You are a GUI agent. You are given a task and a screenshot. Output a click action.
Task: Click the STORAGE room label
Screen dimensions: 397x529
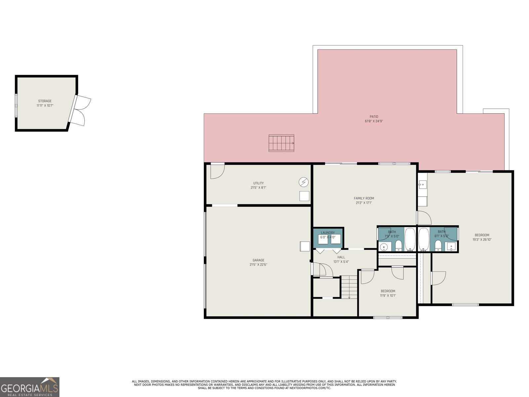(x=45, y=101)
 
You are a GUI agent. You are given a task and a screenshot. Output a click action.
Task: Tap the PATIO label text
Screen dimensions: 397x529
(x=374, y=116)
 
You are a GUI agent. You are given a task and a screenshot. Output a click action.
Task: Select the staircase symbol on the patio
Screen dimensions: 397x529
(x=281, y=143)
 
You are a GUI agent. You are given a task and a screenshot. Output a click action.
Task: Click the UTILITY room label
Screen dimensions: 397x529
(x=258, y=183)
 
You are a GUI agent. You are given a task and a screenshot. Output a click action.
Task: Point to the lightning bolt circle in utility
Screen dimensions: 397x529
(x=304, y=182)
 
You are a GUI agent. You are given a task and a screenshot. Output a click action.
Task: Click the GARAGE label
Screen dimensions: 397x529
(x=258, y=260)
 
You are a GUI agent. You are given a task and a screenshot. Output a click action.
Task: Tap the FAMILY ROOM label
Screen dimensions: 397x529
(x=364, y=198)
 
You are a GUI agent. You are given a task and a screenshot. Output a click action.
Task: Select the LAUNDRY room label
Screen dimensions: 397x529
(x=328, y=233)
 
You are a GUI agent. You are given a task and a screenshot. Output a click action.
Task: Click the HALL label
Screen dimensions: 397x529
(x=341, y=257)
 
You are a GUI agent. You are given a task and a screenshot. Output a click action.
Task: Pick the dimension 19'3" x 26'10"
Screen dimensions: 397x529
(x=482, y=240)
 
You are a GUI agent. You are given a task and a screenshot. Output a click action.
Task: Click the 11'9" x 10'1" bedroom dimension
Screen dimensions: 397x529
(x=388, y=295)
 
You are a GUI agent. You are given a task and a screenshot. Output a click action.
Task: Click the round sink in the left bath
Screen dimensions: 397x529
(x=384, y=246)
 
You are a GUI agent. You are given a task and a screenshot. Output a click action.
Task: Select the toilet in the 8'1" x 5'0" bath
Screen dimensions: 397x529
(x=438, y=245)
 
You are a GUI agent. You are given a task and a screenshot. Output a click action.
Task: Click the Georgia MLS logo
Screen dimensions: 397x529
(x=30, y=387)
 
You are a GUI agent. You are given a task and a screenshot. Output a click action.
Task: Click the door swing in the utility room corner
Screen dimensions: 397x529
(x=217, y=171)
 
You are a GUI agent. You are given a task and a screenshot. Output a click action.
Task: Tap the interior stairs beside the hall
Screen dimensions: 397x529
(x=349, y=287)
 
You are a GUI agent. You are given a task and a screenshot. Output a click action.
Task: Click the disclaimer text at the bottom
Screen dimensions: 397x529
(x=264, y=384)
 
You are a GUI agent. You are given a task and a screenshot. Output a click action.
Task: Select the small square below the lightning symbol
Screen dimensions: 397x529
(x=304, y=196)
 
